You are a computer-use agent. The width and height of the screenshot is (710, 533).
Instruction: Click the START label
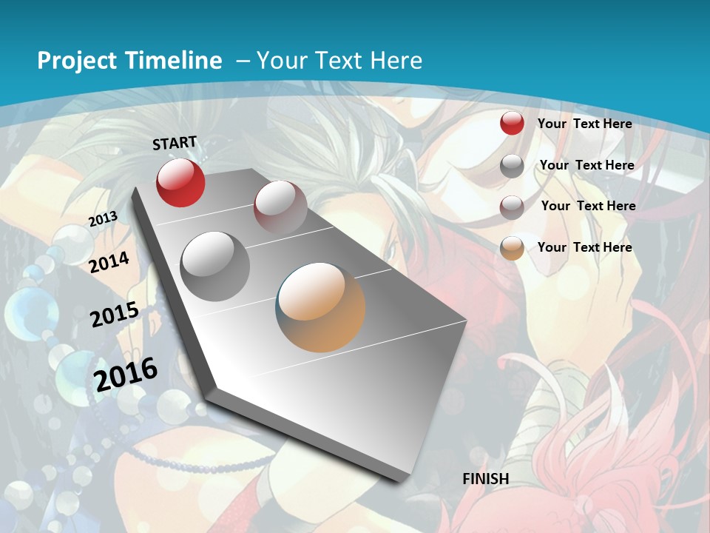pos(175,143)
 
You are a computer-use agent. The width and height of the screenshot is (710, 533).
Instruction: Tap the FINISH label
pos(485,479)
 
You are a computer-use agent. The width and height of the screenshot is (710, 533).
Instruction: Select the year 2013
pos(103,218)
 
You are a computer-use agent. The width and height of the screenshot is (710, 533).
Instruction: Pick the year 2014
pos(109,262)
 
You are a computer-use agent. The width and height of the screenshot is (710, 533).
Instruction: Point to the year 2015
pos(114,315)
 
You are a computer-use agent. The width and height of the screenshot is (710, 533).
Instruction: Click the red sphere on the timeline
pos(180,183)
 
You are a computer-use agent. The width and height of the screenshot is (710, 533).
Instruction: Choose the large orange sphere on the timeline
pos(320,307)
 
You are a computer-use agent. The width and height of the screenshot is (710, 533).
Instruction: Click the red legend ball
pos(512,124)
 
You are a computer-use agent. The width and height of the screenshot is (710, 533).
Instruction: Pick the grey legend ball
pos(512,166)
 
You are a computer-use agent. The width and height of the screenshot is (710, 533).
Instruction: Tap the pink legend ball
pos(512,207)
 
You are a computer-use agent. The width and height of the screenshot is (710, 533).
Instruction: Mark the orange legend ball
pos(512,248)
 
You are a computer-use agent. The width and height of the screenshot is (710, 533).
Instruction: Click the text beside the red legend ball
pos(584,124)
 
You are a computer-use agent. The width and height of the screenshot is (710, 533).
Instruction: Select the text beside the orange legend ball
pos(584,247)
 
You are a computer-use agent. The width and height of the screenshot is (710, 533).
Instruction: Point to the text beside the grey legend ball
pos(586,165)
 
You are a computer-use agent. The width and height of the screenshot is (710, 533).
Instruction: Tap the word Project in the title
pos(78,61)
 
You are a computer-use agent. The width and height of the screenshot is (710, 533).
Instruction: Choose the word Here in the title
pos(396,61)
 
